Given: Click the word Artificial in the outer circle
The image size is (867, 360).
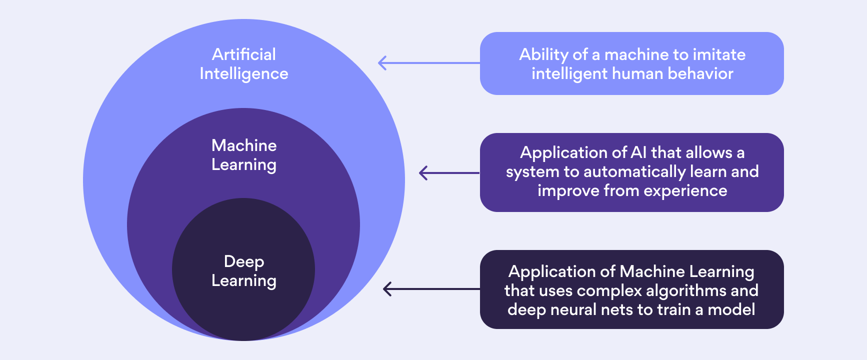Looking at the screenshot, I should pos(243,54).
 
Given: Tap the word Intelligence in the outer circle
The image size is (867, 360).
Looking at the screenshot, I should pos(243,74).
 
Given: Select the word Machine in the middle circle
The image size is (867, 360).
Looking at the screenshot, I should pos(244,145).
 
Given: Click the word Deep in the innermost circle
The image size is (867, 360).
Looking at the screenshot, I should pos(244,261).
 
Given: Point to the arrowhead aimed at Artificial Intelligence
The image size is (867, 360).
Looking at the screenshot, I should pos(382,63).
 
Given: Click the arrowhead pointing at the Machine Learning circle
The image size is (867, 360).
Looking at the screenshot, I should pos(423,173).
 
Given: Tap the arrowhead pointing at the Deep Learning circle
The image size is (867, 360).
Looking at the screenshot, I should pos(386,289).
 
